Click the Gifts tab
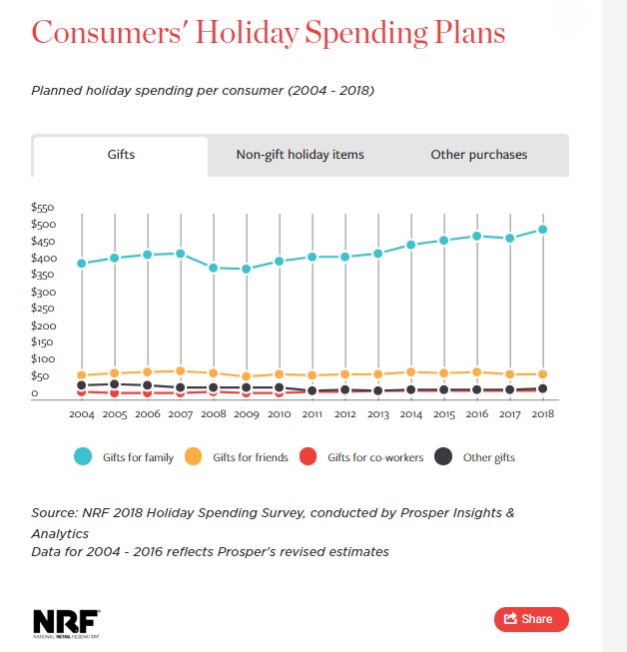[121, 155]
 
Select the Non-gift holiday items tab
[300, 155]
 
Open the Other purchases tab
[479, 155]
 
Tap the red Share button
[530, 619]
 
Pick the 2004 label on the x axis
[82, 413]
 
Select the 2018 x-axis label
[543, 413]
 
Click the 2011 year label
[313, 413]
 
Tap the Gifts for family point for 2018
[543, 229]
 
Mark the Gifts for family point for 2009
[247, 269]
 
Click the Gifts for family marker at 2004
[82, 264]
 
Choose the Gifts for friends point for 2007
[181, 371]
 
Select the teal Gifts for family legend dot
[84, 456]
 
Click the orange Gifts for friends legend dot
[194, 456]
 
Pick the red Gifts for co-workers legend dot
[309, 456]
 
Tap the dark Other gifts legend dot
[444, 456]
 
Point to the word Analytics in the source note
[62, 532]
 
